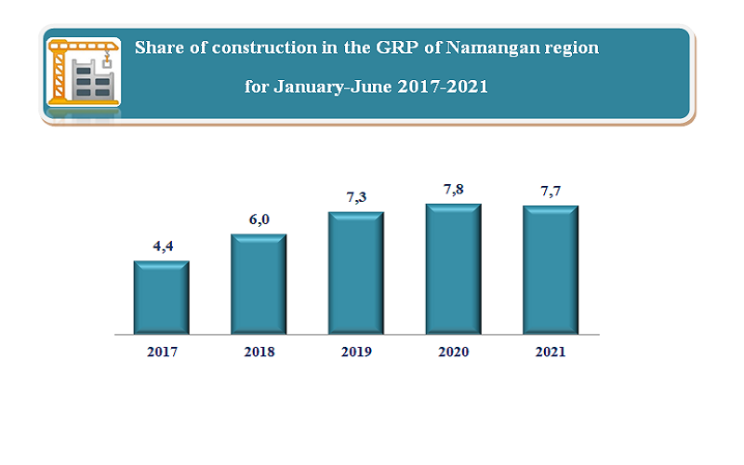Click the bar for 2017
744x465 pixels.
click(162, 297)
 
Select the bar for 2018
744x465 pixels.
click(259, 284)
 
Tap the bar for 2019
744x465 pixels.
click(355, 272)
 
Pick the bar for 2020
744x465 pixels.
click(453, 269)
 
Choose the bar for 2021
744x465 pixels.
click(550, 270)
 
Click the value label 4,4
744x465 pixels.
click(163, 246)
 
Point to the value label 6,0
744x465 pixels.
click(259, 219)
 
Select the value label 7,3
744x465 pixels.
click(356, 198)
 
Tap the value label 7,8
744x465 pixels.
click(453, 190)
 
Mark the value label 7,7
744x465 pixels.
click(551, 192)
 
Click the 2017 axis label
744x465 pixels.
click(162, 352)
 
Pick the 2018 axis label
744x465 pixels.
click(259, 352)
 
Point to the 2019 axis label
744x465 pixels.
click(355, 352)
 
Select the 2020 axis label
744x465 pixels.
click(453, 352)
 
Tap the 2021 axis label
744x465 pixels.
click(550, 352)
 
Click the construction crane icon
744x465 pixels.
click(83, 73)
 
